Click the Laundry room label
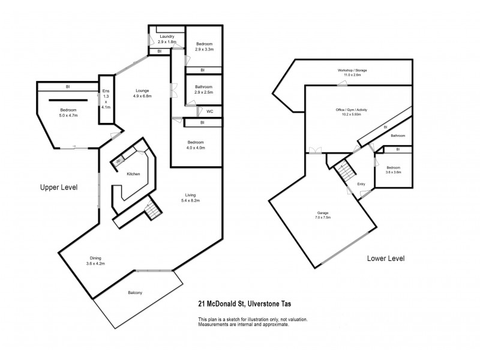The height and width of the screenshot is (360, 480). (167, 37)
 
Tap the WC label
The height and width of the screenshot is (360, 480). (210, 112)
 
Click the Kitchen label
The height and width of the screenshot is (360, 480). (133, 173)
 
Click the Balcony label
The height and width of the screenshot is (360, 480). (134, 292)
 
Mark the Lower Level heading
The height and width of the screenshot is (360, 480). (386, 259)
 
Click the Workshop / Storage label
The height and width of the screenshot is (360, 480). (352, 70)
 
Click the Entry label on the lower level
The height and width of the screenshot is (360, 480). (361, 184)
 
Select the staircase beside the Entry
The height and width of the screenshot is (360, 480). (346, 172)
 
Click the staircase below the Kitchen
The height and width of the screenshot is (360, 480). (152, 210)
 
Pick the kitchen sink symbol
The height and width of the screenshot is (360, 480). (119, 160)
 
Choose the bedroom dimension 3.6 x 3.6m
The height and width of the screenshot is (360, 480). (393, 172)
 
